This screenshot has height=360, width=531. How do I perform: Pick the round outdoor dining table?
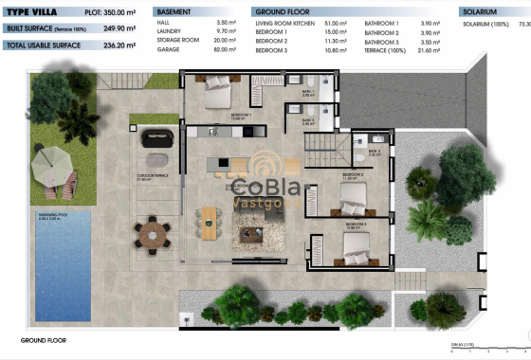coord(151,230)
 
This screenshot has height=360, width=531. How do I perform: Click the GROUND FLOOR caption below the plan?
coord(43,338)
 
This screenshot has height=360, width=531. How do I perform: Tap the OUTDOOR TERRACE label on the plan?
coord(151,177)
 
